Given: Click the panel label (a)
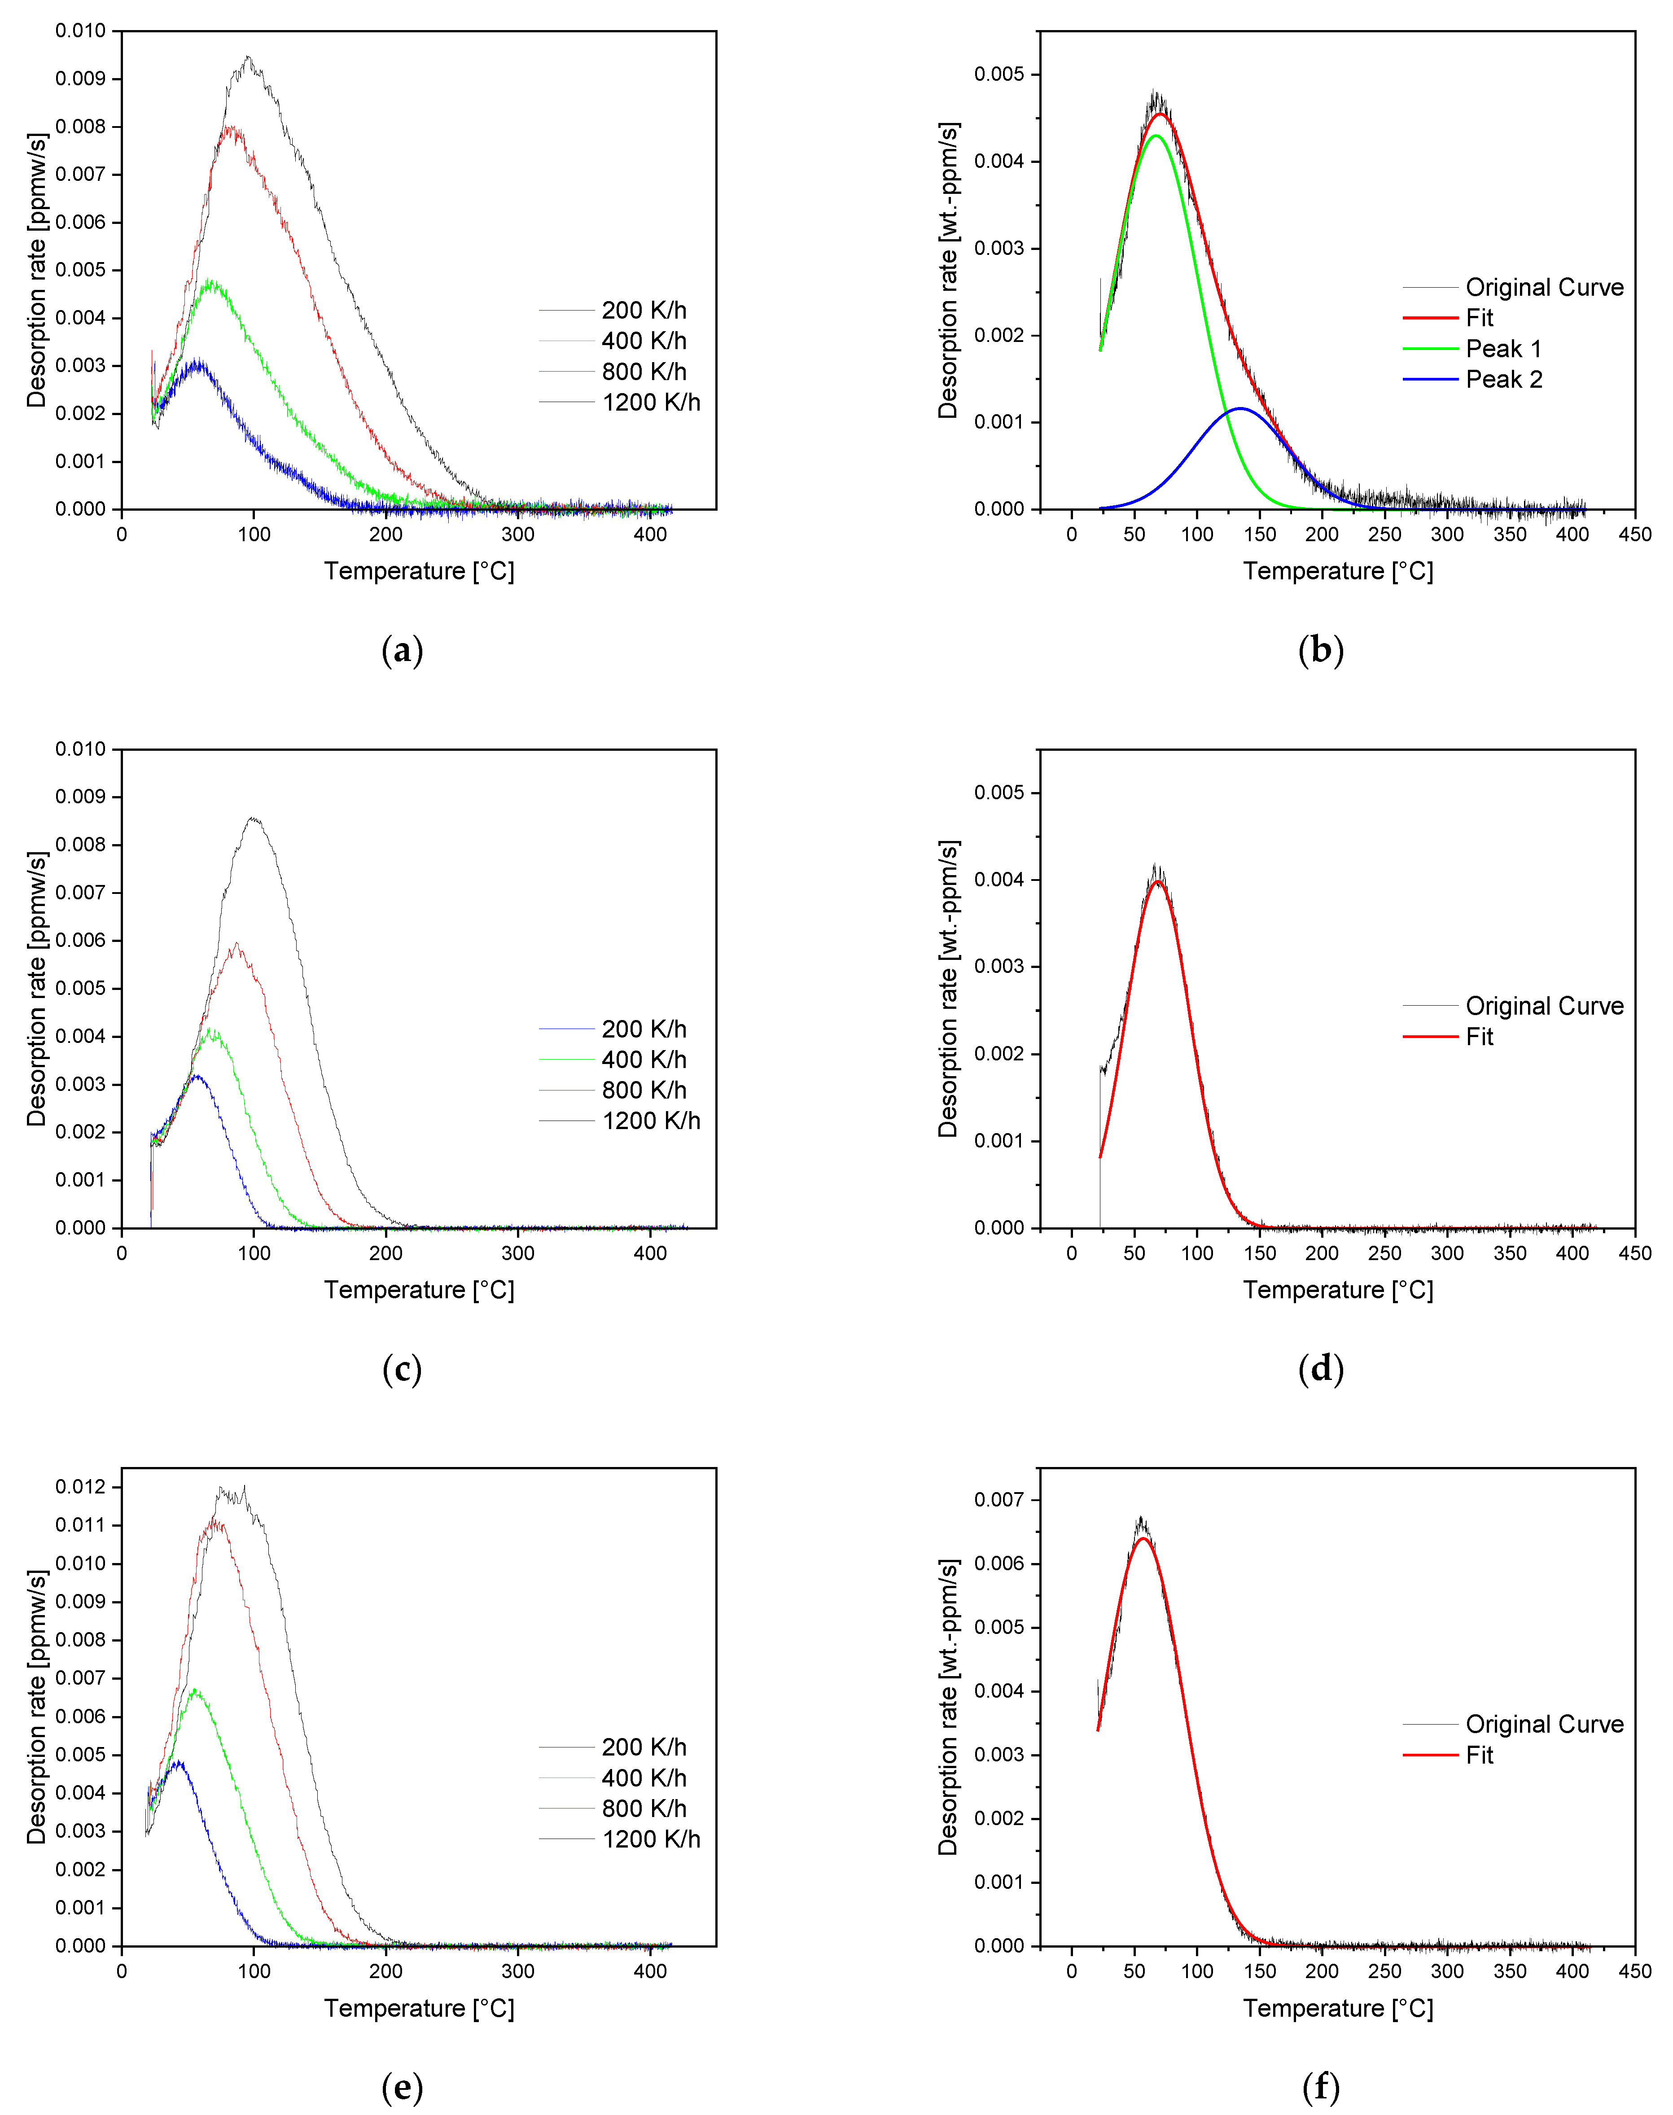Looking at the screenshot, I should tap(402, 650).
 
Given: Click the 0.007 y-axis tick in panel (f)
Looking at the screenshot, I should tap(999, 1500).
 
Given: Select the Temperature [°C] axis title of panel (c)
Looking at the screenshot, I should tap(419, 1290).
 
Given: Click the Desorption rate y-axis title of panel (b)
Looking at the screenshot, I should tap(947, 270).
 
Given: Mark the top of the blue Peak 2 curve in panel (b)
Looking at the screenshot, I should tap(1240, 408).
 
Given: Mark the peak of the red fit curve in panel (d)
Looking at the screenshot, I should tap(1158, 882).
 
